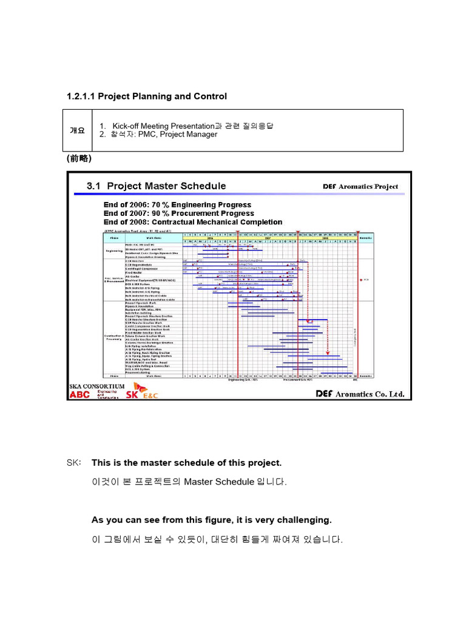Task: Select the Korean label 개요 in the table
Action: (77, 130)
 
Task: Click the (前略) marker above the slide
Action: (79, 158)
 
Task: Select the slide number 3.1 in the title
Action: (94, 186)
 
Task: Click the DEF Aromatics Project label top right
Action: (360, 187)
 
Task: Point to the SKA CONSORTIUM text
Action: (97, 386)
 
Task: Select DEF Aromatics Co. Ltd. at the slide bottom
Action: (360, 394)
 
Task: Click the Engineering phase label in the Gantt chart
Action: (114, 249)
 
